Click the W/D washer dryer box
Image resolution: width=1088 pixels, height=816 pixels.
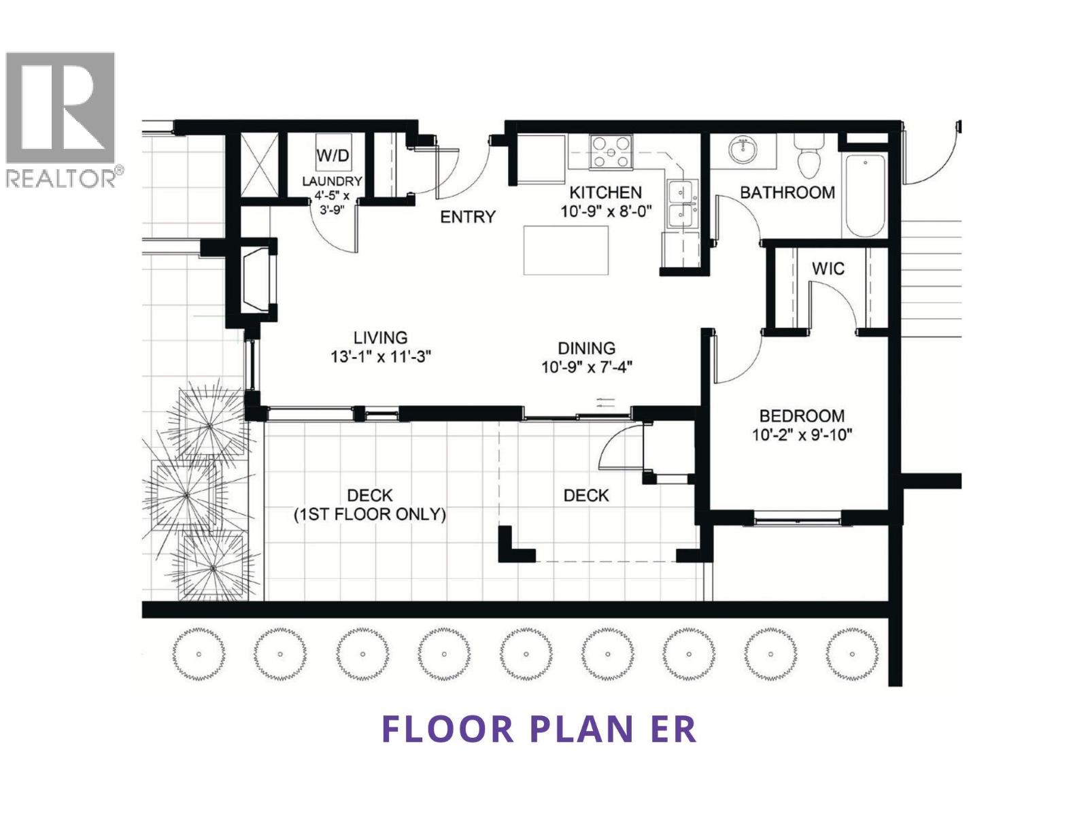click(333, 155)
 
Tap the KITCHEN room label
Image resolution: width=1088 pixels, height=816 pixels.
click(605, 192)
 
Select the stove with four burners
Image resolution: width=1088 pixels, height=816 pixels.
click(611, 152)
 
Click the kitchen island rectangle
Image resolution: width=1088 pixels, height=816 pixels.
click(566, 250)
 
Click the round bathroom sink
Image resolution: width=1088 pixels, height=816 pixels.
click(744, 150)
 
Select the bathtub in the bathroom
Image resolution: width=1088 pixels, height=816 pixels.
click(863, 196)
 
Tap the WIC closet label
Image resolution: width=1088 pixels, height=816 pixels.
click(828, 269)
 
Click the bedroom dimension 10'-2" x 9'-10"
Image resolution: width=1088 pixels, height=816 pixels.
click(802, 435)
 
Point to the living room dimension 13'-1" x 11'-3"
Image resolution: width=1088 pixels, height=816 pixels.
click(381, 356)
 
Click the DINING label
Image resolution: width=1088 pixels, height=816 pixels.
click(586, 348)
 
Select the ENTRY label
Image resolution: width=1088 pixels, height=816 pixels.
click(468, 217)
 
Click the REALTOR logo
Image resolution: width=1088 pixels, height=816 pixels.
click(61, 119)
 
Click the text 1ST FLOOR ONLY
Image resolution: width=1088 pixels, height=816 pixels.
click(369, 515)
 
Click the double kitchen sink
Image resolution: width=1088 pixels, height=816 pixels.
click(682, 203)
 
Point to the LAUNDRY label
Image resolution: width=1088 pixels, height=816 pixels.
click(332, 182)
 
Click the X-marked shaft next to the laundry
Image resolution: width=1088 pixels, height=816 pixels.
click(260, 165)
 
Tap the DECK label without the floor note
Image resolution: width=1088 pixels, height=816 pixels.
click(585, 496)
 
